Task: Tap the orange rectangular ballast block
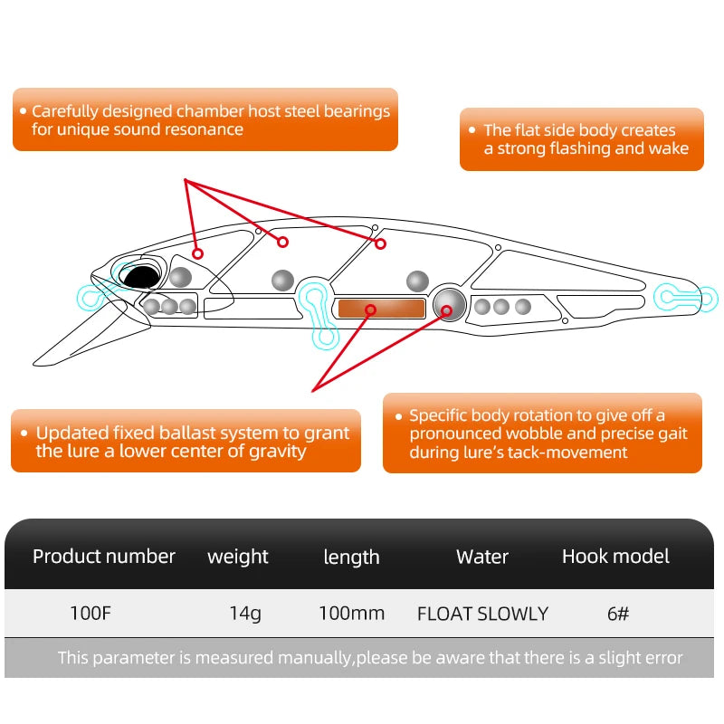click(x=380, y=309)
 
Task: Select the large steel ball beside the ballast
click(x=450, y=303)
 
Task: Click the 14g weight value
click(x=245, y=614)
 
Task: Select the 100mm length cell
click(x=351, y=614)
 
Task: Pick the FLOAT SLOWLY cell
click(x=482, y=614)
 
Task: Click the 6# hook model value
click(x=618, y=614)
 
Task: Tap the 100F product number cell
click(x=90, y=614)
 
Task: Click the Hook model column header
click(x=615, y=557)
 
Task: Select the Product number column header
click(x=104, y=557)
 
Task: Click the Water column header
click(x=482, y=557)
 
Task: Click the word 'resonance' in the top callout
click(x=204, y=129)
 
